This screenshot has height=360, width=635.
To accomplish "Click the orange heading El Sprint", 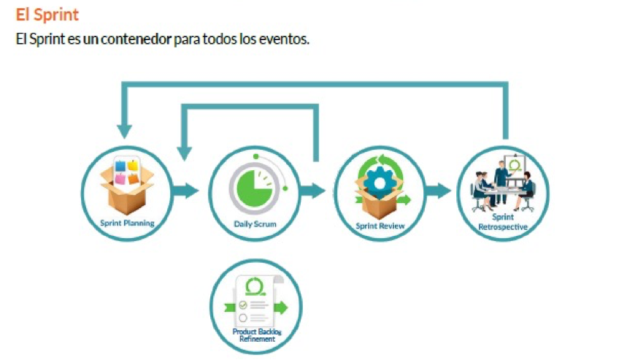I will point(47,15).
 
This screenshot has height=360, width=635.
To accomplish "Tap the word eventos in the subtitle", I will point(283,39).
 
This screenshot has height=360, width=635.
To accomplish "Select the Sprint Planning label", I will point(127,223).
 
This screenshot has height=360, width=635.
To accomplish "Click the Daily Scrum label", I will point(255,224).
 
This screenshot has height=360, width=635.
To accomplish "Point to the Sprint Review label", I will point(380,226).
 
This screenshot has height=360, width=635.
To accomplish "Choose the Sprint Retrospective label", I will point(502,222).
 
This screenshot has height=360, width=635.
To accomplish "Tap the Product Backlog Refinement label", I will point(255,335).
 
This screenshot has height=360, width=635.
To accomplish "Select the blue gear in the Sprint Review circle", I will point(378,182).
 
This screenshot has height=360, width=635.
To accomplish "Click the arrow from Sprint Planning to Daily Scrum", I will point(185,191).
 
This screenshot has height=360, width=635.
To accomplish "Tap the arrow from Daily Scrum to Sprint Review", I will point(313,191).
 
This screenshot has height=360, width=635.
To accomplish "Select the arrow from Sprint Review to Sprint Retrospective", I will point(438,191).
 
